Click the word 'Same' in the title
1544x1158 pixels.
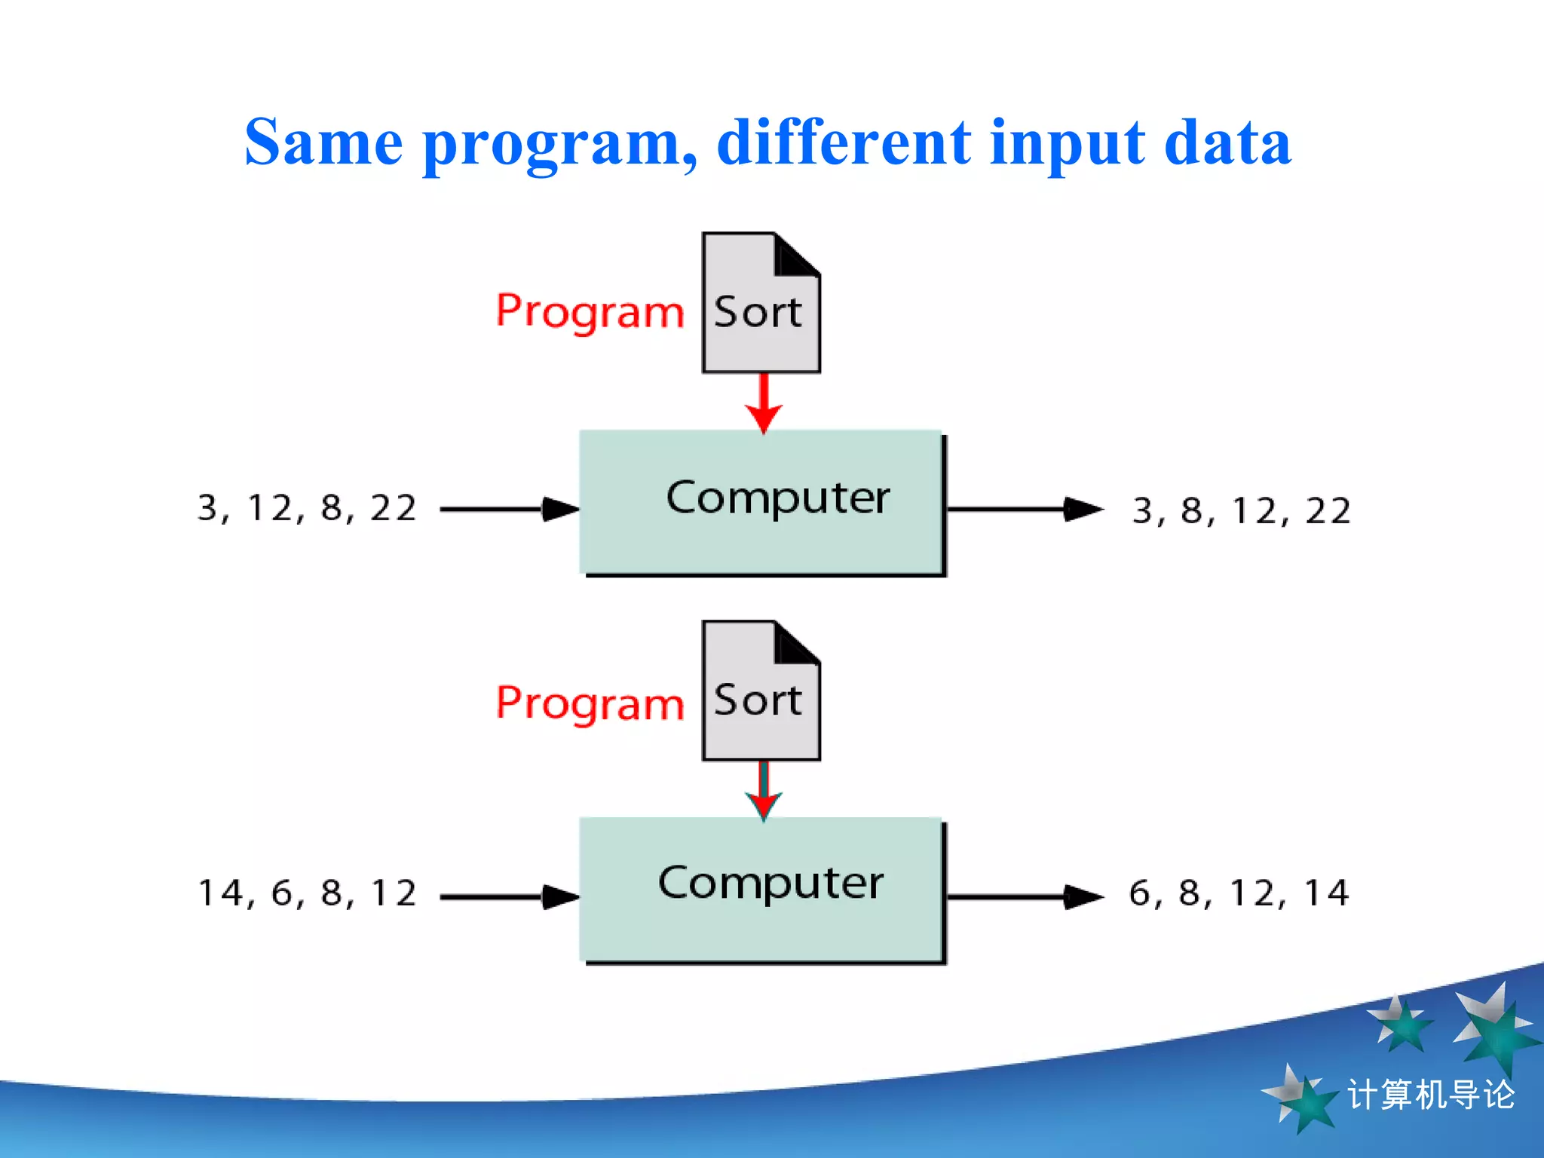(324, 143)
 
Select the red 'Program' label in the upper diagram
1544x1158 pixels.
(590, 311)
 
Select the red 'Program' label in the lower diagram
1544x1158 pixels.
(590, 703)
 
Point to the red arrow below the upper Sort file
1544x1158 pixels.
(764, 403)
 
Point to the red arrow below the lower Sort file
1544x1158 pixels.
(764, 791)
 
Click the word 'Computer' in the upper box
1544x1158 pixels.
(777, 498)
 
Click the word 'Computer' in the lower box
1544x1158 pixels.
(770, 883)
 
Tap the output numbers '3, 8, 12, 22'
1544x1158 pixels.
(1241, 511)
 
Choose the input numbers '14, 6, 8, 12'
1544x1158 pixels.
(307, 894)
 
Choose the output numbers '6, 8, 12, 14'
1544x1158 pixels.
(1239, 894)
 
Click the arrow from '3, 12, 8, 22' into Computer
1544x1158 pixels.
(510, 510)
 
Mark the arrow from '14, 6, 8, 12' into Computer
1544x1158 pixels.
(510, 897)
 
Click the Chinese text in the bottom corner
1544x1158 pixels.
(1430, 1095)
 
